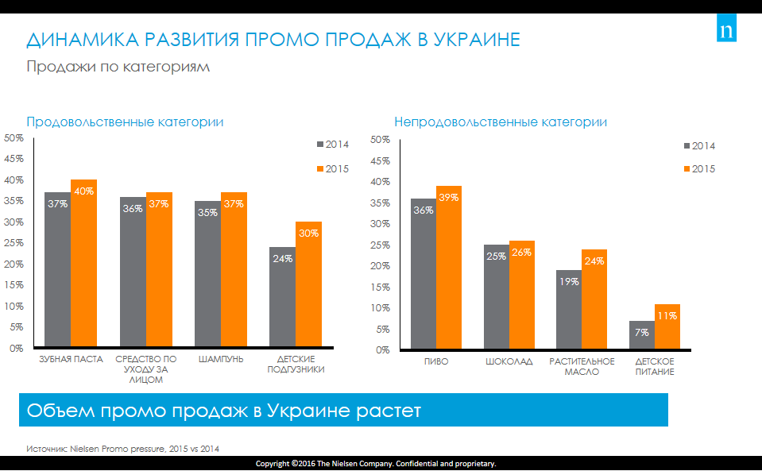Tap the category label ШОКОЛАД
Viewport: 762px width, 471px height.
[x=509, y=361]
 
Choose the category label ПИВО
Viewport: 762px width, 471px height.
[x=436, y=361]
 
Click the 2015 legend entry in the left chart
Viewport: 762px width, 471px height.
[x=333, y=169]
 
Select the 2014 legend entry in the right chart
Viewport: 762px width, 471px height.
[x=699, y=146]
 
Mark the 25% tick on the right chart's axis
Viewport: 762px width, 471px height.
[x=380, y=245]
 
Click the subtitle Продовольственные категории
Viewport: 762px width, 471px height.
[x=125, y=122]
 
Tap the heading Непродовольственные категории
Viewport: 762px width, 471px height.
[x=501, y=122]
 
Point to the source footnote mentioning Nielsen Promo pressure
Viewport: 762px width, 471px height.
[x=122, y=449]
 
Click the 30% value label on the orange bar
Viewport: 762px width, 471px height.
[x=308, y=234]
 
